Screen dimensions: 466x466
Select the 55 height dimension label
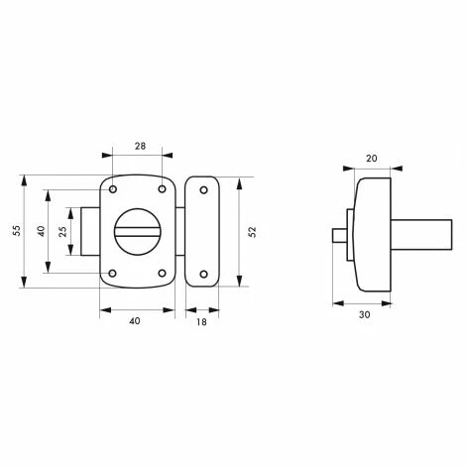pyautogui.click(x=17, y=230)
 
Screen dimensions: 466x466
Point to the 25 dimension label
pyautogui.click(x=63, y=230)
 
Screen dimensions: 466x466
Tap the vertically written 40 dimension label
pyautogui.click(x=40, y=230)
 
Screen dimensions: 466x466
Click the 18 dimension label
pyautogui.click(x=201, y=321)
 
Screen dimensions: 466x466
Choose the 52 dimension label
pyautogui.click(x=252, y=230)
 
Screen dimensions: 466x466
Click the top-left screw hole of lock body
pyautogui.click(x=115, y=188)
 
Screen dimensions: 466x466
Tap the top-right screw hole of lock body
pyautogui.click(x=162, y=188)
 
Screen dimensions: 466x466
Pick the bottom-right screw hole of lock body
pyautogui.click(x=162, y=274)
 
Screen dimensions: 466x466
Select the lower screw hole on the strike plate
pyautogui.click(x=202, y=274)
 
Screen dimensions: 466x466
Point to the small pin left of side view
pyautogui.click(x=335, y=235)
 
